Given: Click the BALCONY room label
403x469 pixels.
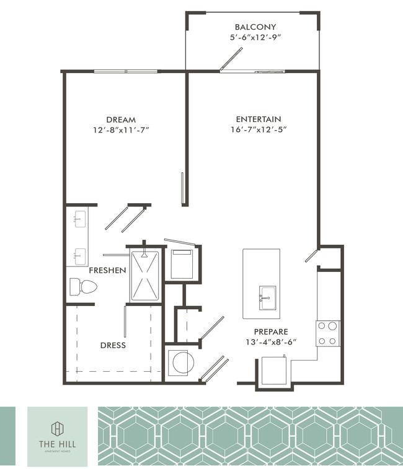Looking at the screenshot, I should (x=255, y=27).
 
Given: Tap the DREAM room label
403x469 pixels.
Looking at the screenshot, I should (x=121, y=120).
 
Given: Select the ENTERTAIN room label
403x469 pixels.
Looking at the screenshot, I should (x=259, y=119).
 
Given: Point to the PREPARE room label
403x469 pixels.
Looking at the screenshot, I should (x=270, y=331).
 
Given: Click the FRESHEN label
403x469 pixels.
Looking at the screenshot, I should (x=107, y=271).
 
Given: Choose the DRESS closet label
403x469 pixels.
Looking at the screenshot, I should (x=112, y=345).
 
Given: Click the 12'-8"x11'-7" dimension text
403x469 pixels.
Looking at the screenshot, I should (x=121, y=130).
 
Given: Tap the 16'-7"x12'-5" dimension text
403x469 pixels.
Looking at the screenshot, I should (x=260, y=129).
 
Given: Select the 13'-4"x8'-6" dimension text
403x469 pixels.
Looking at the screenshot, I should (x=270, y=342).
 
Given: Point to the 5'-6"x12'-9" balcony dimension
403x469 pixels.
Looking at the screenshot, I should (x=255, y=37).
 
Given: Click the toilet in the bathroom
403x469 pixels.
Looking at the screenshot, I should (x=83, y=287).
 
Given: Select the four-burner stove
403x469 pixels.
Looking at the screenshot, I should (x=328, y=333).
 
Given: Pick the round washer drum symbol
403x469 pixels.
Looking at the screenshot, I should (x=183, y=362).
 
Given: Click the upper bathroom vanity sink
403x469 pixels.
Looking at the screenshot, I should (x=79, y=217).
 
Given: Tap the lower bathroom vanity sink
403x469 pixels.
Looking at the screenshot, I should (x=79, y=254).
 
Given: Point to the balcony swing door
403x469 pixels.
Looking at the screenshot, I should (x=231, y=59).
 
